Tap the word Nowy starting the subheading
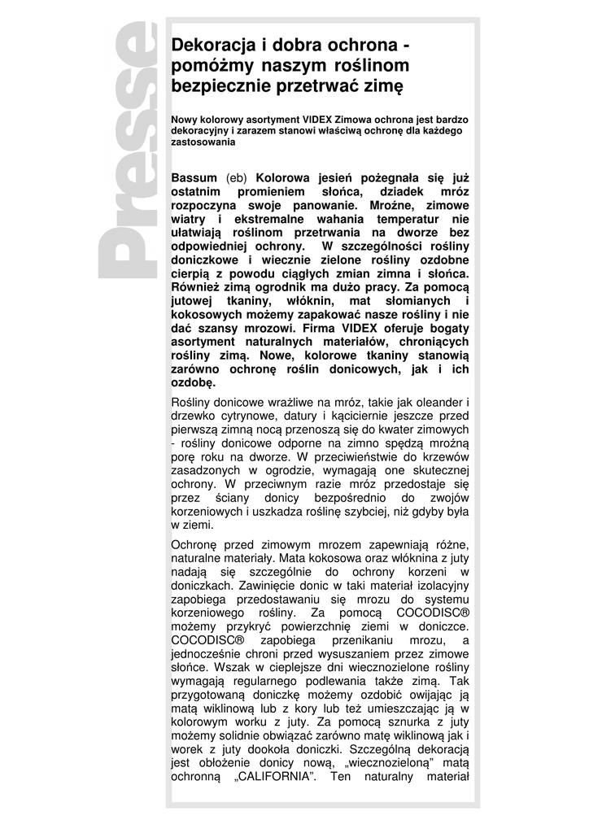pyautogui.click(x=184, y=119)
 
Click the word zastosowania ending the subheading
pyautogui.click(x=203, y=142)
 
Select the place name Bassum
pyautogui.click(x=194, y=177)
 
